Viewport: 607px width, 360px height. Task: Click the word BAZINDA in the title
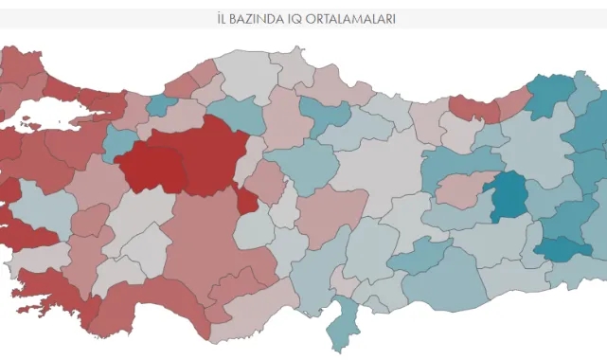coord(263,18)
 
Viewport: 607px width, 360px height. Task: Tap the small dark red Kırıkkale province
coord(247,200)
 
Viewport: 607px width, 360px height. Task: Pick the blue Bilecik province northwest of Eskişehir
coord(119,143)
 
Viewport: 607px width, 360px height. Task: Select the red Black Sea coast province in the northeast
coord(473,107)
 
